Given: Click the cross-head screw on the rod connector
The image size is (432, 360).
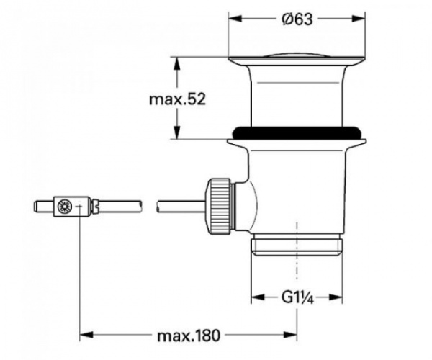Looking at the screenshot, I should pyautogui.click(x=64, y=208).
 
